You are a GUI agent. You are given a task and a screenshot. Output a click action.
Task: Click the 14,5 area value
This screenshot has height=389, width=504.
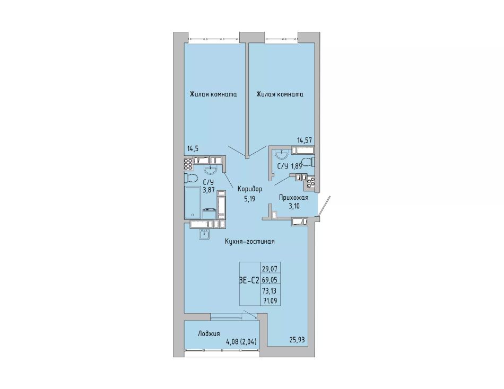[194, 148]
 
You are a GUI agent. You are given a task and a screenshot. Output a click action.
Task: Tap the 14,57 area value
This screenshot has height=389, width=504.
[304, 140]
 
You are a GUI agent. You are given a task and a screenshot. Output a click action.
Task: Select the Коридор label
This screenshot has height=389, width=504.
[250, 189]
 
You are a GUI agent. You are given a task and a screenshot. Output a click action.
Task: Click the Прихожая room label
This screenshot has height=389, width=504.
[294, 198]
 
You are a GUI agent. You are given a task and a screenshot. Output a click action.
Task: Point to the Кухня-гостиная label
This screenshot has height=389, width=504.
[249, 241]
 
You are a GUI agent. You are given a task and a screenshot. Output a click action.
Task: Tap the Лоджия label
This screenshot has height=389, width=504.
[209, 334]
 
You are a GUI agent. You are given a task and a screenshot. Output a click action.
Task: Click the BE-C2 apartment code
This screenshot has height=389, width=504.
[249, 280]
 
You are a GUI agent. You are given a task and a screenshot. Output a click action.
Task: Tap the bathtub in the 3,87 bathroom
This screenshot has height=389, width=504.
[193, 202]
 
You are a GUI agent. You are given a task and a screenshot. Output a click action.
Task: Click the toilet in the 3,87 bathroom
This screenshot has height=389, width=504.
[190, 178]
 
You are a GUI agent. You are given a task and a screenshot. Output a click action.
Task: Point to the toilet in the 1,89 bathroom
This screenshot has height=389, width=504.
[309, 162]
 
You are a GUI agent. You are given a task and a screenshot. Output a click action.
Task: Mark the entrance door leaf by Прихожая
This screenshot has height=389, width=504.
[324, 206]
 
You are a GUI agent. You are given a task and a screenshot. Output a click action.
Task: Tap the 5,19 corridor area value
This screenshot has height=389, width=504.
[249, 199]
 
